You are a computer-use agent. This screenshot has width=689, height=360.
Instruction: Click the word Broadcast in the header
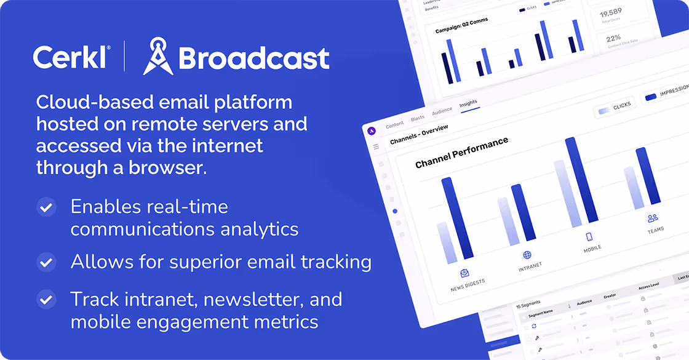click(x=253, y=58)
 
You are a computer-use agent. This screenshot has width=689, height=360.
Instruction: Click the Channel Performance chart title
click(x=461, y=153)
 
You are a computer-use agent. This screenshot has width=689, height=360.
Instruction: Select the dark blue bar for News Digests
click(x=457, y=218)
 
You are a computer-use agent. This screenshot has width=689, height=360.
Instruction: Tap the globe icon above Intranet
click(x=527, y=255)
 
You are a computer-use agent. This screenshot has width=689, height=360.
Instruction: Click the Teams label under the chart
click(x=656, y=230)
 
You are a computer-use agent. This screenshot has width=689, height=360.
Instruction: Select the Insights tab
click(x=468, y=103)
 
